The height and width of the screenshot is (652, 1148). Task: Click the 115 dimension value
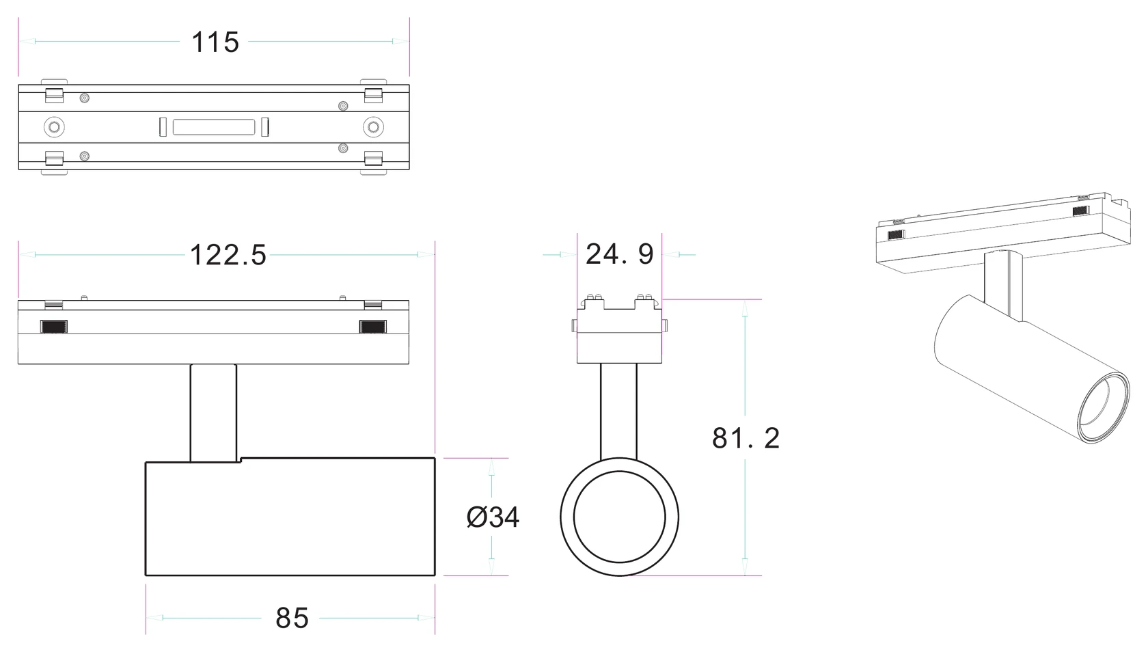215,42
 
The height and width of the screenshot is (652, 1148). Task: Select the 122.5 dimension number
228,255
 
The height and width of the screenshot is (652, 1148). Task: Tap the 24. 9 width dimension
620,254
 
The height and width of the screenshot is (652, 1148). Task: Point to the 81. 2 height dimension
746,438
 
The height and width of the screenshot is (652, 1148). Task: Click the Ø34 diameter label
493,517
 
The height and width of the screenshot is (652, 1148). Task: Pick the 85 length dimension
292,618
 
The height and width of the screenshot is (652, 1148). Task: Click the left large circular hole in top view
54,127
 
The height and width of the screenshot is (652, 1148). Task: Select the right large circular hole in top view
373,127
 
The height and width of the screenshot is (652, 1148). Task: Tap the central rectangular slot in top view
214,127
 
